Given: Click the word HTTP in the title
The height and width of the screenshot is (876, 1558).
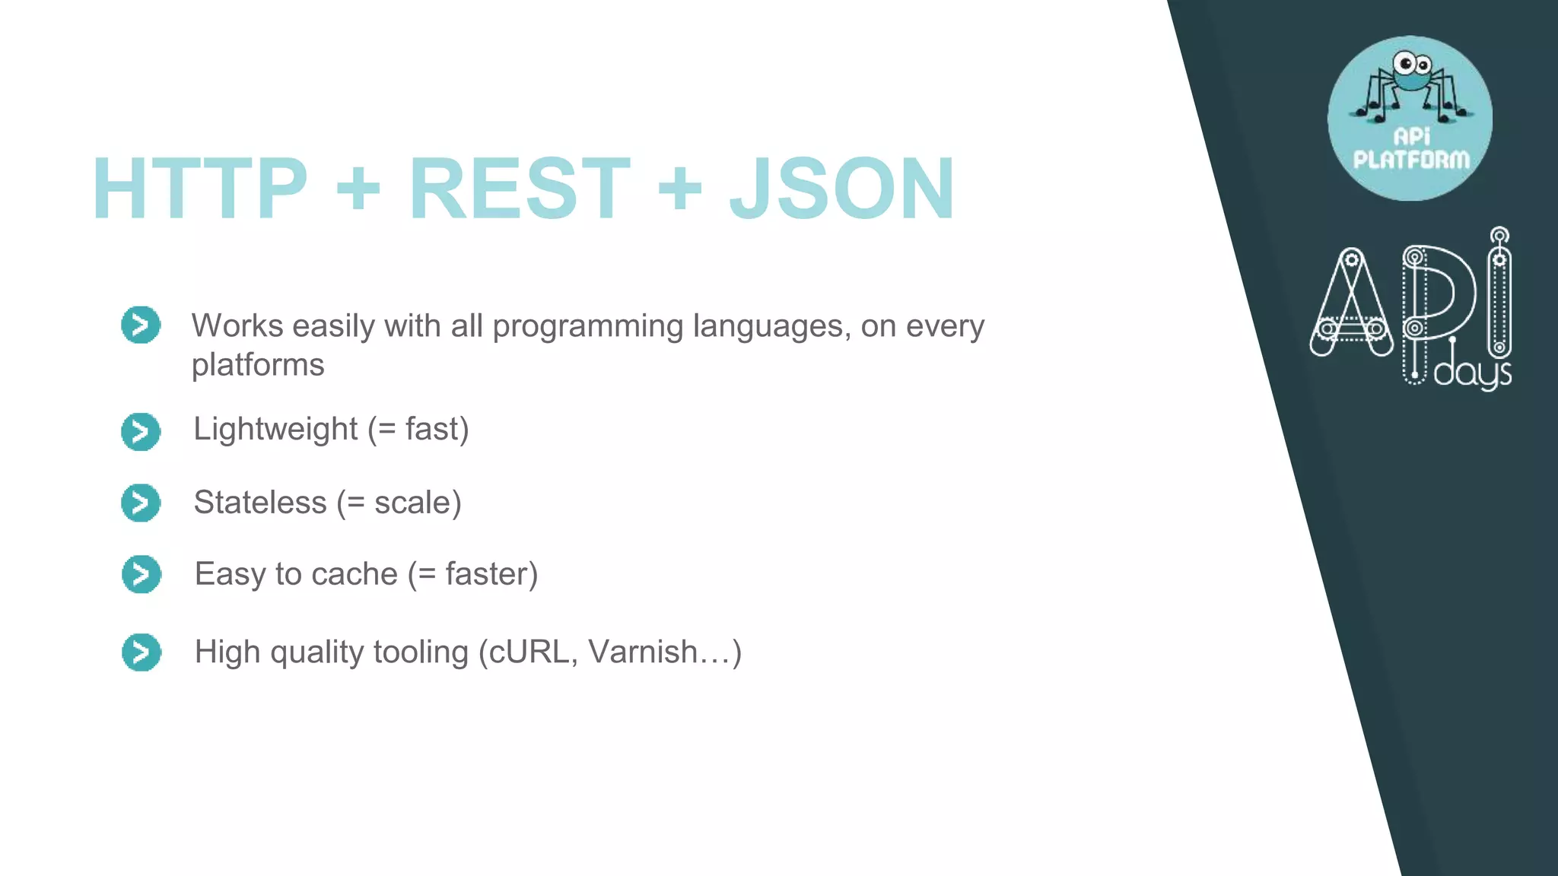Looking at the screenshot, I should (199, 189).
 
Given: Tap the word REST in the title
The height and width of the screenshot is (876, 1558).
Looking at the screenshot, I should (520, 189).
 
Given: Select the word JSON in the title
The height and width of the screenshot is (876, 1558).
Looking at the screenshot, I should (841, 189).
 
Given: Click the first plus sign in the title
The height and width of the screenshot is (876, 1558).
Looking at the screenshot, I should (358, 189).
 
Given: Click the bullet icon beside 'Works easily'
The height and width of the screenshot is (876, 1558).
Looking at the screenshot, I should (141, 325).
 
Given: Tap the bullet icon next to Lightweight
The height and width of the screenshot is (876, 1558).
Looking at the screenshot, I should (141, 431).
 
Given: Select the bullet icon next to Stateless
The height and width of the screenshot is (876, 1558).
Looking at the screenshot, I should (141, 503).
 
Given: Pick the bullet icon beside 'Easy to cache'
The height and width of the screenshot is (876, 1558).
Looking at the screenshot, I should (141, 574).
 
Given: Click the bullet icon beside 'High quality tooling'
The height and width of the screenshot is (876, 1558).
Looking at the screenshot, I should (141, 652).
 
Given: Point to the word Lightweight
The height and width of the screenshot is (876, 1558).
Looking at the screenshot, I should (275, 430).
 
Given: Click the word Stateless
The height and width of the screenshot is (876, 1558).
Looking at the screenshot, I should (259, 503).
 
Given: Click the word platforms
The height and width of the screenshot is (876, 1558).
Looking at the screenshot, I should (258, 366).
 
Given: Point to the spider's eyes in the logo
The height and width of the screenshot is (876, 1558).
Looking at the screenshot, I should (1412, 64).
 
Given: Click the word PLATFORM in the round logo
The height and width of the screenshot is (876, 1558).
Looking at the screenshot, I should (1411, 160).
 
